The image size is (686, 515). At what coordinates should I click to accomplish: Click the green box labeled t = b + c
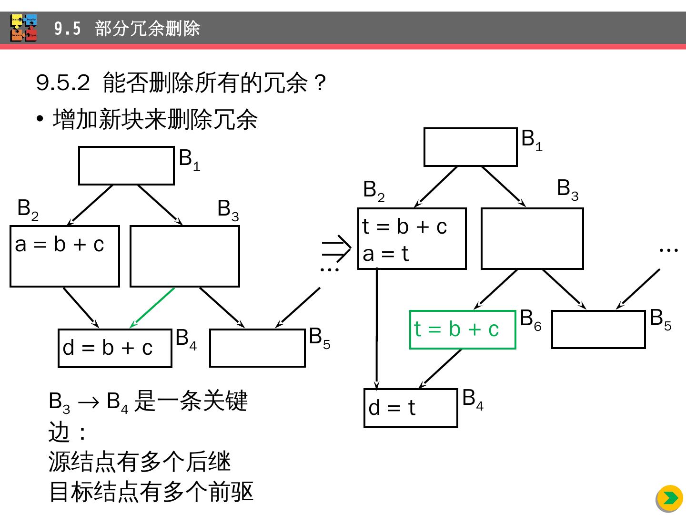tap(462, 330)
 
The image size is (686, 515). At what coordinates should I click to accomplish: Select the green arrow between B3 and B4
tap(152, 308)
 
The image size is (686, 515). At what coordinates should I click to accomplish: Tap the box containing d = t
tap(410, 408)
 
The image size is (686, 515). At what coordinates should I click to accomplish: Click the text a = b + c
tap(60, 245)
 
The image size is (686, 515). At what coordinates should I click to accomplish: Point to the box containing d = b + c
tap(114, 348)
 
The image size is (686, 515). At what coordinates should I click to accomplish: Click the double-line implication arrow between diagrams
tap(336, 248)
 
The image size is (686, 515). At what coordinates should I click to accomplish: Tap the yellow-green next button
tap(669, 498)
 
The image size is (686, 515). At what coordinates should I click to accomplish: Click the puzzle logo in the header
tap(24, 28)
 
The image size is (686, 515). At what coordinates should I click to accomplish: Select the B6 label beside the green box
tap(531, 319)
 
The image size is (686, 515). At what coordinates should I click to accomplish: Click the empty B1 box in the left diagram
tap(126, 165)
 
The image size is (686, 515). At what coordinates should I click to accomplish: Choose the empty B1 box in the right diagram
tap(470, 147)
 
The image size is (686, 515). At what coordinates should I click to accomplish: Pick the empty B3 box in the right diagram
tap(532, 238)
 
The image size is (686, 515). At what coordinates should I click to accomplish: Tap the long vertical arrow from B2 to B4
tap(377, 329)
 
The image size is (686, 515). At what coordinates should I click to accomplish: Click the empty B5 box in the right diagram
tap(598, 329)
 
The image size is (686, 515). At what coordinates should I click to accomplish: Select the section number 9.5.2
tap(63, 83)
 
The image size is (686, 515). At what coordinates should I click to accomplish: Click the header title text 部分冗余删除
tap(147, 29)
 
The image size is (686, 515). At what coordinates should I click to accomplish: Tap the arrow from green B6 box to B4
tap(440, 369)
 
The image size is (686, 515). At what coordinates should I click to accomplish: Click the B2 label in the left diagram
tap(28, 209)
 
